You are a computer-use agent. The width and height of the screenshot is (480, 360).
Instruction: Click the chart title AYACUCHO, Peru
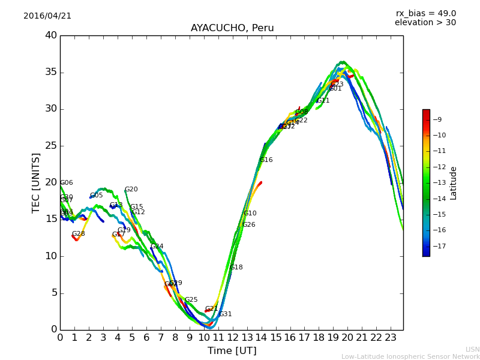[232, 28]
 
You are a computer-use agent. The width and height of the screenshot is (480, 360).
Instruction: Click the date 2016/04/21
[47, 16]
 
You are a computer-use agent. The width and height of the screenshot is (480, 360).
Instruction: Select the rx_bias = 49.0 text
[425, 13]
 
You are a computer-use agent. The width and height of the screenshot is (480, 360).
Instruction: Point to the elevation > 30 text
[425, 23]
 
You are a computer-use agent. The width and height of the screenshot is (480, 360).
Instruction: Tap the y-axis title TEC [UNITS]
[36, 182]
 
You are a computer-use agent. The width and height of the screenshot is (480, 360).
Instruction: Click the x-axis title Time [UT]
[232, 351]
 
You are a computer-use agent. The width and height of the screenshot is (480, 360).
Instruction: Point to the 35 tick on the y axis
[51, 72]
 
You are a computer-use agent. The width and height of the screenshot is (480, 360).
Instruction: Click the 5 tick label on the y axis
[54, 293]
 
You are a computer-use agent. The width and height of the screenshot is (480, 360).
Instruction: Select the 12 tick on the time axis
[232, 338]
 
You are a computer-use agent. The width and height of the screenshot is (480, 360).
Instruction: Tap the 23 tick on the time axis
[391, 338]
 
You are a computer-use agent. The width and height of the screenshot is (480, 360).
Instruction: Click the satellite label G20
[131, 190]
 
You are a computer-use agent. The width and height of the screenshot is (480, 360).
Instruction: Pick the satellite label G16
[266, 160]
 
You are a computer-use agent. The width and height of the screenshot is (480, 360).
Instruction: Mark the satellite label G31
[225, 314]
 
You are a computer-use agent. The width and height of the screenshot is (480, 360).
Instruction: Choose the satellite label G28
[79, 234]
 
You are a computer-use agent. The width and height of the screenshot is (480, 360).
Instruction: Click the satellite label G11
[323, 101]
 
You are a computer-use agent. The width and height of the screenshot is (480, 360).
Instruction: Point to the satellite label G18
[236, 268]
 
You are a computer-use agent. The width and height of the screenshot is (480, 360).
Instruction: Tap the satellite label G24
[157, 247]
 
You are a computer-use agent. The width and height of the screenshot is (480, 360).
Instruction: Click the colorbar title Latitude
[454, 183]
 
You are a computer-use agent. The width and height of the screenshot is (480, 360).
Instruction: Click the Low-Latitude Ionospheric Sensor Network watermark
[410, 356]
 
